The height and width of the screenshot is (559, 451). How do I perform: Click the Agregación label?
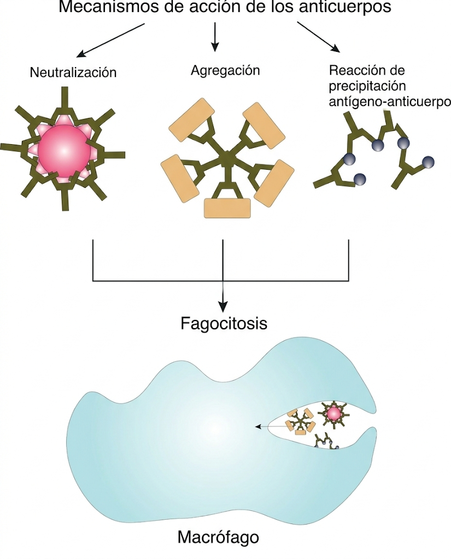(x=225, y=70)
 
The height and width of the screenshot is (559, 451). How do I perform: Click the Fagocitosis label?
(x=224, y=323)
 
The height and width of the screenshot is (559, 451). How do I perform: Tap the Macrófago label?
(x=218, y=537)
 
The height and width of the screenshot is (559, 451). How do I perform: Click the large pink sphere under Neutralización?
(x=64, y=150)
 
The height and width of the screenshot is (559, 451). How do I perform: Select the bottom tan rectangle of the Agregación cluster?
(x=227, y=207)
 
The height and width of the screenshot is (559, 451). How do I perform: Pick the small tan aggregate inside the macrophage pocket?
(x=300, y=421)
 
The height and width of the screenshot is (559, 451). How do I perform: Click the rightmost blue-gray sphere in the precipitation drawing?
(x=428, y=161)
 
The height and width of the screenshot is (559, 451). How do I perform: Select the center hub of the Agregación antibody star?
(x=226, y=159)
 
